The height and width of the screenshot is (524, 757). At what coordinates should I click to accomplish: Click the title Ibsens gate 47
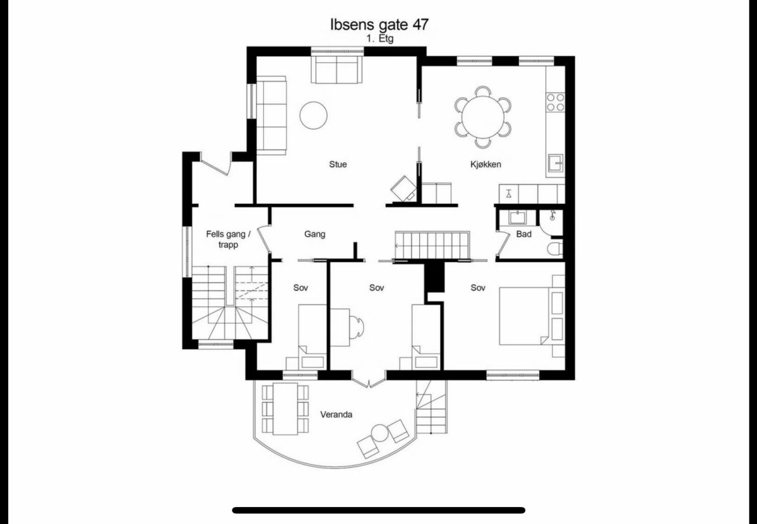coord(379,24)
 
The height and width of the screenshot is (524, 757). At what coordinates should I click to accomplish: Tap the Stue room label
coord(338,164)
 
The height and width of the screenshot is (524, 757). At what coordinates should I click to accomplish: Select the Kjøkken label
coord(486,165)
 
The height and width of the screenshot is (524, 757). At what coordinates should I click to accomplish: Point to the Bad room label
coord(524,234)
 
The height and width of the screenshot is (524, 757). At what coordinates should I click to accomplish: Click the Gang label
coord(314,235)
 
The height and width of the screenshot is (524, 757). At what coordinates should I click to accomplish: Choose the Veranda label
coord(336,415)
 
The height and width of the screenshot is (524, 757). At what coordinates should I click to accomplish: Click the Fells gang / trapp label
coord(228,239)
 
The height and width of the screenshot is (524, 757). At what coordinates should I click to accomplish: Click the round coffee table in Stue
coord(313,115)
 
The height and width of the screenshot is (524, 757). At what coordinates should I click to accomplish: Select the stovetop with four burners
coord(556,102)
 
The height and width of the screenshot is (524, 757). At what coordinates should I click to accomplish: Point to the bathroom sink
coord(518,218)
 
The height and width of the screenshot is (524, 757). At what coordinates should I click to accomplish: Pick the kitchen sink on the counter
coord(556,163)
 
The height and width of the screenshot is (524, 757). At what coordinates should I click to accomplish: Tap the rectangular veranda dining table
coord(285,409)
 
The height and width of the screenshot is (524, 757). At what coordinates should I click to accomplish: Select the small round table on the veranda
coord(380,433)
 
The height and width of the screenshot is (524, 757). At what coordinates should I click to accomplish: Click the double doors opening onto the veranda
coord(369,380)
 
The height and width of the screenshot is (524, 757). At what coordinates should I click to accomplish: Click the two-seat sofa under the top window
coord(337,69)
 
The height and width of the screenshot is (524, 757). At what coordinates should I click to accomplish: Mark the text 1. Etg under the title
coord(380,38)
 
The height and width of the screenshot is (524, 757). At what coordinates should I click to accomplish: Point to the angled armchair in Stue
coord(404,189)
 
